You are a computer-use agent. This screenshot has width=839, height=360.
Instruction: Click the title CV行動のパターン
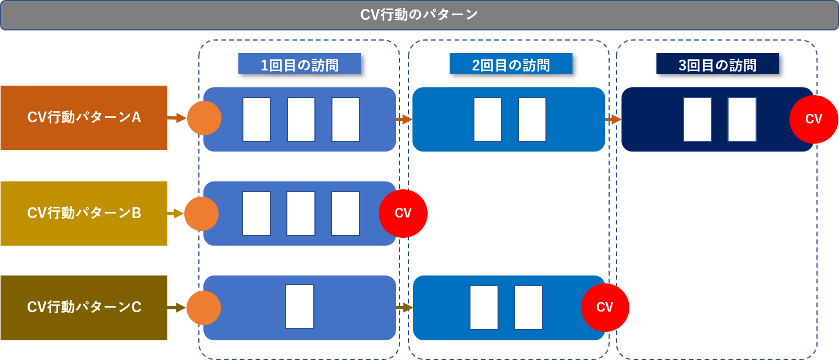[x=419, y=15]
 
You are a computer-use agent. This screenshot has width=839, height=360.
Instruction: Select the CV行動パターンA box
[x=84, y=118]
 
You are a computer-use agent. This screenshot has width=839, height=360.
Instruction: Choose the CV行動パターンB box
[x=84, y=214]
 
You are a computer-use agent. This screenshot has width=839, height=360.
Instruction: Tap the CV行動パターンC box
[x=84, y=308]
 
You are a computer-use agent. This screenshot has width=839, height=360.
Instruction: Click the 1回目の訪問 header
[x=299, y=64]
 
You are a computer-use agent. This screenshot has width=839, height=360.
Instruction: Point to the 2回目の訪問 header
[x=510, y=64]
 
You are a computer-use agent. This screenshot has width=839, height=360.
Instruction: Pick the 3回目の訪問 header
[x=717, y=64]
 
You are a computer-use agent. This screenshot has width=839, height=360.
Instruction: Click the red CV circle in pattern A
[x=813, y=119]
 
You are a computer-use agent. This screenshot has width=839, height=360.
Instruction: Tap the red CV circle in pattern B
[x=403, y=214]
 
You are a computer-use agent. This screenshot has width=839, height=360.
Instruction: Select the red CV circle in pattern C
[x=605, y=308]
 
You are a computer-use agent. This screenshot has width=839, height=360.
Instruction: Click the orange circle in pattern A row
[x=204, y=118]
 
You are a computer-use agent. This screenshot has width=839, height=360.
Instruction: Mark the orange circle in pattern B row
[x=201, y=214]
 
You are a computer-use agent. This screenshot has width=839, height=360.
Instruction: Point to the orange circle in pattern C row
[x=203, y=308]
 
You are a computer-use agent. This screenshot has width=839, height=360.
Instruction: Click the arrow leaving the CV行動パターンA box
[x=176, y=118]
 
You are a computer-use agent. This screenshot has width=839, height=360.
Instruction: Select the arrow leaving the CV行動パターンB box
[x=175, y=214]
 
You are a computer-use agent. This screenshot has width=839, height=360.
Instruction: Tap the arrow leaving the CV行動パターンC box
[x=176, y=308]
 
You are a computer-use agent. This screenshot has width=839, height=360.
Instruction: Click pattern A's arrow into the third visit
[x=613, y=119]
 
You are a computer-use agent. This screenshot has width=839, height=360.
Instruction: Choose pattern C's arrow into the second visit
[x=405, y=308]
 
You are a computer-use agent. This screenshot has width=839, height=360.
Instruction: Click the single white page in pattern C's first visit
[x=299, y=306]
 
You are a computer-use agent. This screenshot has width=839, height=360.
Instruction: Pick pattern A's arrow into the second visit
[x=405, y=119]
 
